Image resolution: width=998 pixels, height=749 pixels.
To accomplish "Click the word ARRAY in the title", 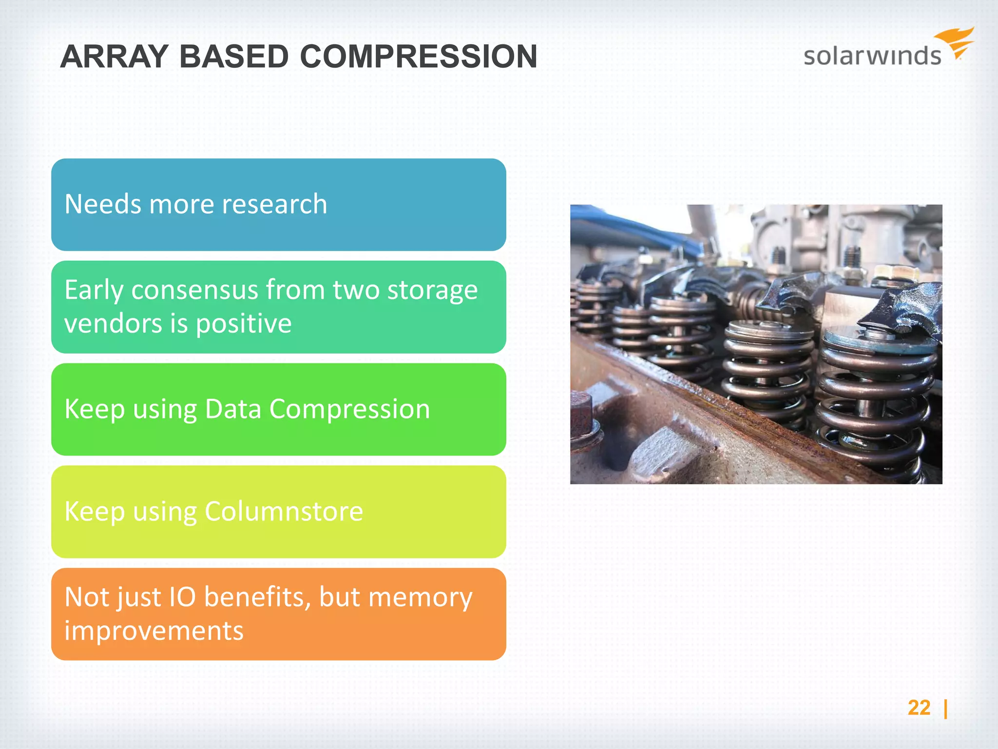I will (x=114, y=57).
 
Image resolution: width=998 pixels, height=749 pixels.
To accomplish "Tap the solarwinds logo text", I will (x=872, y=56).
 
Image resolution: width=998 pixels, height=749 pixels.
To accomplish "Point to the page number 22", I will (x=919, y=708).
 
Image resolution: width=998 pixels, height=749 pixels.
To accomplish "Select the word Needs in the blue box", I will (x=103, y=204).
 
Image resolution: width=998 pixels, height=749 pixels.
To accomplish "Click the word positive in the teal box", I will (x=244, y=324).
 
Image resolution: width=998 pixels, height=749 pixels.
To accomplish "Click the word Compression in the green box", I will (x=349, y=409).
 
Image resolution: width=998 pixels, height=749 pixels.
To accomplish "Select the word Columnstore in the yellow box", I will (x=284, y=512).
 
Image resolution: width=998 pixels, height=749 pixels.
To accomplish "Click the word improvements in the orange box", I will (x=154, y=631).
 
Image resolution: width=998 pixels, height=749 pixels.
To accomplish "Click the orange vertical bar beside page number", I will (x=945, y=709).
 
